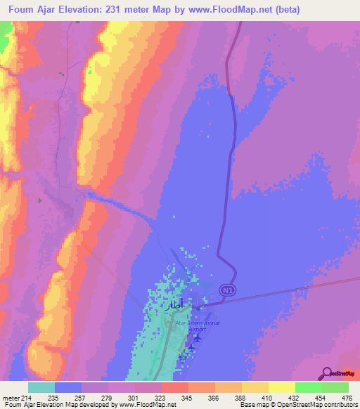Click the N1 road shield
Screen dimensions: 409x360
tap(226, 290)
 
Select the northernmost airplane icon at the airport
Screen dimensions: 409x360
tap(197, 338)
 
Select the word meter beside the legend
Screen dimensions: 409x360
tap(11, 398)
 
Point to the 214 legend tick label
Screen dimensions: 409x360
tap(28, 398)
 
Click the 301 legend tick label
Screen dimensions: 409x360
tap(135, 398)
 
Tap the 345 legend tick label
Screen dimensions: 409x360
tap(188, 398)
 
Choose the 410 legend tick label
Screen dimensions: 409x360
tap(269, 398)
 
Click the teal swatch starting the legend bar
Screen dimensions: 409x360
tap(41, 387)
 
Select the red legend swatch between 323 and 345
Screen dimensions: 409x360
tap(175, 387)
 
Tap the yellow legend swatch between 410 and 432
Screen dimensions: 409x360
tap(281, 387)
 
